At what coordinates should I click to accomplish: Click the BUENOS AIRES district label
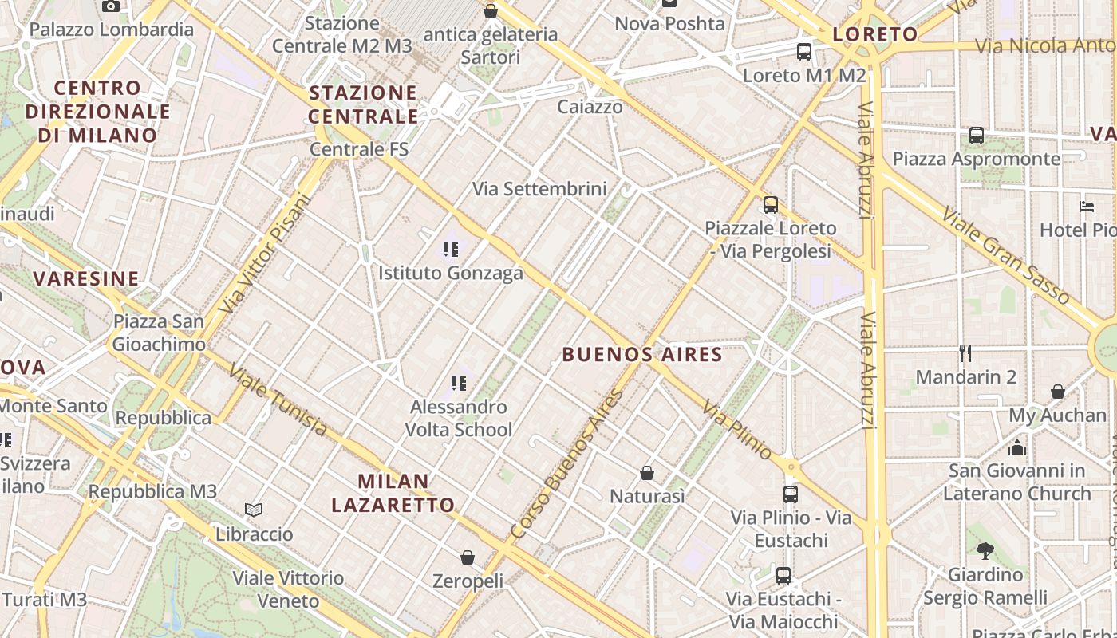point(642,354)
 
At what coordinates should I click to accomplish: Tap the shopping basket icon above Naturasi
point(647,473)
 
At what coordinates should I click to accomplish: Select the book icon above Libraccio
point(254,510)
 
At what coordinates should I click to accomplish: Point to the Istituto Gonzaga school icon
point(451,250)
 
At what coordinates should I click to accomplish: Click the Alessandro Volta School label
point(459,419)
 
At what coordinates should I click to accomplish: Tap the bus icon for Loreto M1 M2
point(804,52)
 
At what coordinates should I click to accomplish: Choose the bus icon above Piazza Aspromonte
point(977,136)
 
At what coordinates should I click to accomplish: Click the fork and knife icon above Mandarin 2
point(965,353)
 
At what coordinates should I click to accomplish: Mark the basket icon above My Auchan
point(1058,392)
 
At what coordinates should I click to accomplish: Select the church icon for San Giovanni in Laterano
point(1017,447)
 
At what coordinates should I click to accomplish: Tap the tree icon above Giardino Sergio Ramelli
point(985,549)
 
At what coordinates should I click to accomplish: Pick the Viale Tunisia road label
point(278,400)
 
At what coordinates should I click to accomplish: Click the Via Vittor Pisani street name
point(264,254)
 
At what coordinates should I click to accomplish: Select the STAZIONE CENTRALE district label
point(364,104)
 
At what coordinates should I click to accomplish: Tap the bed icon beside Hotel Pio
point(1087,207)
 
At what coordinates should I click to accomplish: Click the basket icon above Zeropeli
point(468,557)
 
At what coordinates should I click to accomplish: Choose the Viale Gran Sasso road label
point(1005,255)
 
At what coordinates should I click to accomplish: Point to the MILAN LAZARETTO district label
point(393,493)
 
